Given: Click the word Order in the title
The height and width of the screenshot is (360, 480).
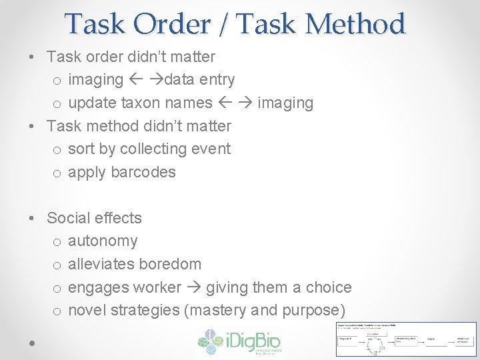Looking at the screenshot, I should click(x=171, y=25).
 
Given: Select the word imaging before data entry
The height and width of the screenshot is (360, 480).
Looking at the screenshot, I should click(x=95, y=80).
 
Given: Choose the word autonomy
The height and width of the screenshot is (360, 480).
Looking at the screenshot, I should click(x=103, y=241).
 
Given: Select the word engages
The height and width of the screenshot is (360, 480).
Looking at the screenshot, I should click(x=99, y=287).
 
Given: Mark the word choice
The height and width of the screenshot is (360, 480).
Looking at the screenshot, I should click(x=329, y=287).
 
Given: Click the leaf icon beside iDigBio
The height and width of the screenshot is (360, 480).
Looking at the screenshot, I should click(x=210, y=341).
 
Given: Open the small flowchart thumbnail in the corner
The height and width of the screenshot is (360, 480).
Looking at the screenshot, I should click(x=406, y=339).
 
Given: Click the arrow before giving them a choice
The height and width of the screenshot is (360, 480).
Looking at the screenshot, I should click(x=193, y=287).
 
